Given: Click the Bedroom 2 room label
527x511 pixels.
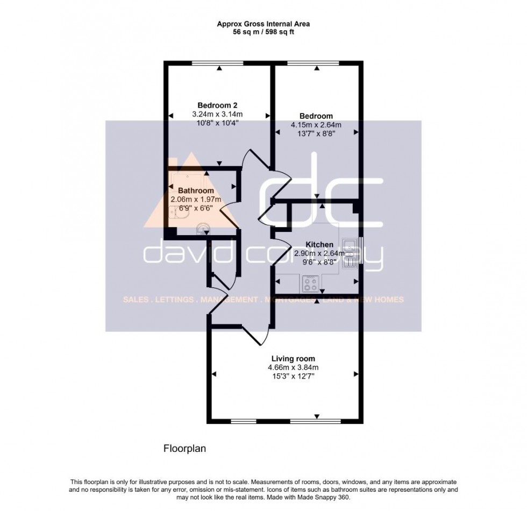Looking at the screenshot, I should click(217, 105).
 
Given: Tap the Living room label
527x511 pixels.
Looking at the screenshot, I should click(293, 359).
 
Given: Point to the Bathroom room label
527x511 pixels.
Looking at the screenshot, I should click(196, 190).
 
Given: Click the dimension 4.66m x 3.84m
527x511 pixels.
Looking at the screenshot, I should click(293, 368).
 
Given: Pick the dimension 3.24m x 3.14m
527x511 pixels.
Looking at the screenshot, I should click(217, 114).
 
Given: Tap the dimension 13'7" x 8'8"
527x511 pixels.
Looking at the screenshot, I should click(316, 134).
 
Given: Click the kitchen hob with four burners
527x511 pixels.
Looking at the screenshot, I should click(310, 283).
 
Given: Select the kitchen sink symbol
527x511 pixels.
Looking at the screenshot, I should click(348, 252).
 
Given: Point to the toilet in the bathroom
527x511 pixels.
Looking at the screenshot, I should click(202, 230).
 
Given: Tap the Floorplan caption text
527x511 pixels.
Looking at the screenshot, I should click(184, 448).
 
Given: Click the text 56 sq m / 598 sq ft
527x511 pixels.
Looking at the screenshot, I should click(263, 32).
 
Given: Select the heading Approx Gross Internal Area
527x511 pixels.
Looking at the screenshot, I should click(263, 24).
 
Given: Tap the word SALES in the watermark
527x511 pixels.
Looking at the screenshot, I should click(134, 300).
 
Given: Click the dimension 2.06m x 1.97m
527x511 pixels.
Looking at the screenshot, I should click(196, 200).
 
